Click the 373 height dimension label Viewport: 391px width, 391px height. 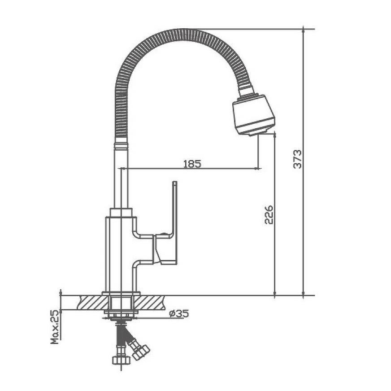tap(297, 159)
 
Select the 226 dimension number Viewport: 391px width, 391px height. tap(269, 215)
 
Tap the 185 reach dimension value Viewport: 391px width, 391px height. tap(192, 164)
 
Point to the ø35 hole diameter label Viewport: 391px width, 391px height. tap(179, 313)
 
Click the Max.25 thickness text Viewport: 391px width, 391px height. tap(55, 327)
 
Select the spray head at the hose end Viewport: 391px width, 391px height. tap(253, 115)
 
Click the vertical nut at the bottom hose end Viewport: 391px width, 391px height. tap(122, 360)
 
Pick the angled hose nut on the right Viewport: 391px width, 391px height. tap(141, 352)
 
